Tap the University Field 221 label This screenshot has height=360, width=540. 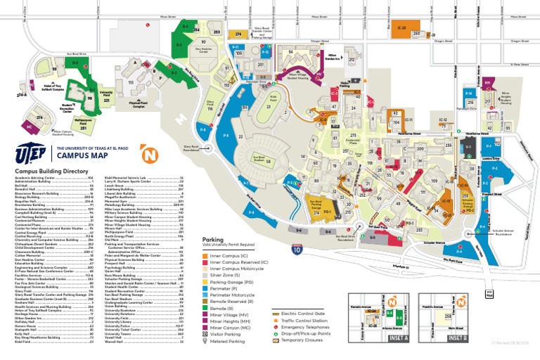pyautogui.click(x=107, y=97)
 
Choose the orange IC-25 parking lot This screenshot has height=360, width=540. pyautogui.click(x=401, y=29)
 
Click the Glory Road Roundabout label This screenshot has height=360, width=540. pyautogui.click(x=192, y=148)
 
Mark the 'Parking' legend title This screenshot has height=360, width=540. pyautogui.click(x=212, y=240)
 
